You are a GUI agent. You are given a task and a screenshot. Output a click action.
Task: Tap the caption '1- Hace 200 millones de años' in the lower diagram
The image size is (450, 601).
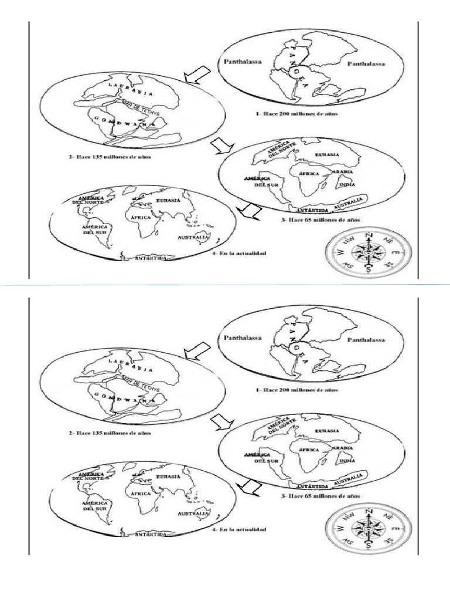[x=298, y=389]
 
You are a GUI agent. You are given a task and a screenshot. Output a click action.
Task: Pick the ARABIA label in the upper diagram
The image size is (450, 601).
[x=342, y=172]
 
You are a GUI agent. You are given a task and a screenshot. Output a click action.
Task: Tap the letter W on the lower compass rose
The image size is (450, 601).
[x=339, y=528]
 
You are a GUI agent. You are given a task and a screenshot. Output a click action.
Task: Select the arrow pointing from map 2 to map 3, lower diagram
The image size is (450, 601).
[x=221, y=421]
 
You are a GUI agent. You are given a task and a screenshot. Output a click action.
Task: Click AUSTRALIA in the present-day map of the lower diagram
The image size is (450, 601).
[x=193, y=514]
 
